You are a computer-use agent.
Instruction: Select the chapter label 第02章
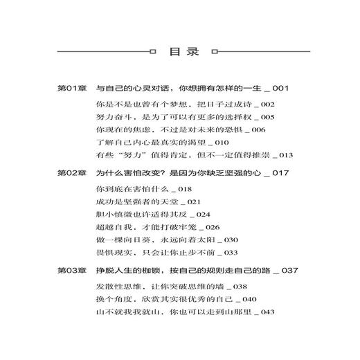click(71, 171)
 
